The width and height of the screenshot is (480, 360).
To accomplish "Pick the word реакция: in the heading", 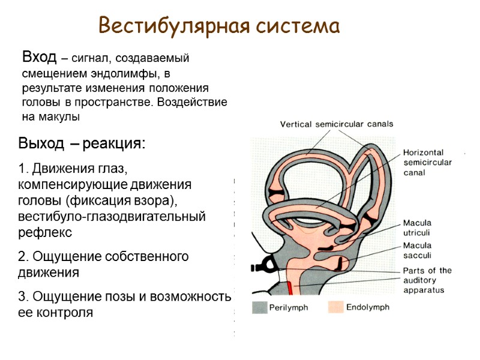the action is (114, 145).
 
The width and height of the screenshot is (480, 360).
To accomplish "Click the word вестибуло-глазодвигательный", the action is (112, 215).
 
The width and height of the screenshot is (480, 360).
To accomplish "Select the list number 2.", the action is (22, 257).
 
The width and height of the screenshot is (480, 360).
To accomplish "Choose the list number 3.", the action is (22, 296).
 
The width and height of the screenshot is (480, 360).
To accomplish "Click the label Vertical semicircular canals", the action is (337, 124).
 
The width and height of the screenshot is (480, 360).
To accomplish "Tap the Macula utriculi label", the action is (416, 227).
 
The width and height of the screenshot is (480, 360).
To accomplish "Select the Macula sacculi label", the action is (416, 250).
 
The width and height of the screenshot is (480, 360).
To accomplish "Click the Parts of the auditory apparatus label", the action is (427, 280).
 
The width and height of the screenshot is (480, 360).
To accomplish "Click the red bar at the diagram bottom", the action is (290, 287).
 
